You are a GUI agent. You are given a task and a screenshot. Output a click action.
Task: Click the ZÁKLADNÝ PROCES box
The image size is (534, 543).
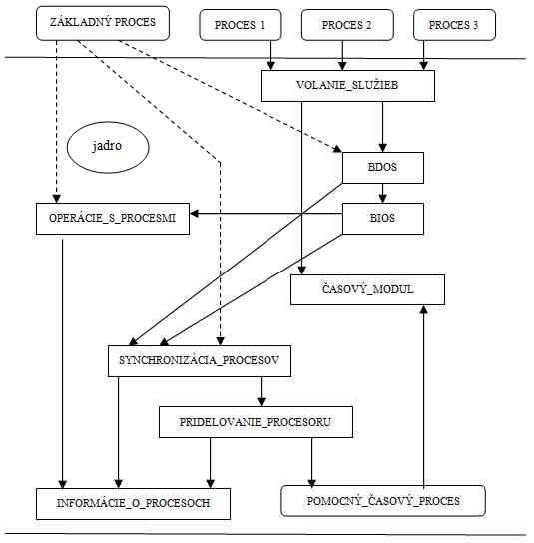103,23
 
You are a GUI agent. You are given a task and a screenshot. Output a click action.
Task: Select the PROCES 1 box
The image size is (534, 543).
241,25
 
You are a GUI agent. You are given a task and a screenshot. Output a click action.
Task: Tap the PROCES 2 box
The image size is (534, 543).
347,25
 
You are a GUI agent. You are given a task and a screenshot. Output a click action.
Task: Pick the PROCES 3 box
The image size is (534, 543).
454,25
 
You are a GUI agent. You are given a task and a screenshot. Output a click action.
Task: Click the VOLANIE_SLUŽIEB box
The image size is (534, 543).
347,86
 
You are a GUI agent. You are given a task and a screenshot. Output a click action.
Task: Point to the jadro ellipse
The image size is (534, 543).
108,147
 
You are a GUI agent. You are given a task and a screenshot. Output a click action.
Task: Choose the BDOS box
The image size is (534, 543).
383,168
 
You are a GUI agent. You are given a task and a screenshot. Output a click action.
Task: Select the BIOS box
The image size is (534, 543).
383,219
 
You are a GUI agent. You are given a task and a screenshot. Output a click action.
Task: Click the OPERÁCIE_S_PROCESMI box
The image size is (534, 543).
113,219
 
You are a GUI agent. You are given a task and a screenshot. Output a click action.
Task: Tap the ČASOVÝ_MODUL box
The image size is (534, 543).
367,289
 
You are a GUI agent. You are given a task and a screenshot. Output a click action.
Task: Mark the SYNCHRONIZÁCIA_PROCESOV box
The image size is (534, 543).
200,361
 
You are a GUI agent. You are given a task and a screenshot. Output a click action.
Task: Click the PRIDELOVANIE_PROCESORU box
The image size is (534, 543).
256,422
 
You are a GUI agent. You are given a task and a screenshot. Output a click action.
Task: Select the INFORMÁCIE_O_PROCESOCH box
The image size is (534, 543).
133,504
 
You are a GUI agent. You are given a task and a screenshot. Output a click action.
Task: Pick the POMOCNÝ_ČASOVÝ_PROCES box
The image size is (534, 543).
383,501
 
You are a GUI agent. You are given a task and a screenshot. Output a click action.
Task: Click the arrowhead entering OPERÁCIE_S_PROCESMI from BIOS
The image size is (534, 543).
194,213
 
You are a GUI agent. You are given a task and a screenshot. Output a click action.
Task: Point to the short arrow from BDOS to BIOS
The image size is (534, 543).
382,193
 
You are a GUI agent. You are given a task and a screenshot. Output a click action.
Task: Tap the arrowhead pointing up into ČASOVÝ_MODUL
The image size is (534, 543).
423,309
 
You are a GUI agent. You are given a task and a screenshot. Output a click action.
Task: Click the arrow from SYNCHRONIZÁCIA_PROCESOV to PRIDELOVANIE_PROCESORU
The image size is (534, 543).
262,391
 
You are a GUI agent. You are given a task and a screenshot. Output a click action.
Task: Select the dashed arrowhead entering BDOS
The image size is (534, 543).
337,149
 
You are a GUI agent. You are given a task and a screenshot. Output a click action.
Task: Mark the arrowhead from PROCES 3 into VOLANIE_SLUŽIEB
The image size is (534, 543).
423,66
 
